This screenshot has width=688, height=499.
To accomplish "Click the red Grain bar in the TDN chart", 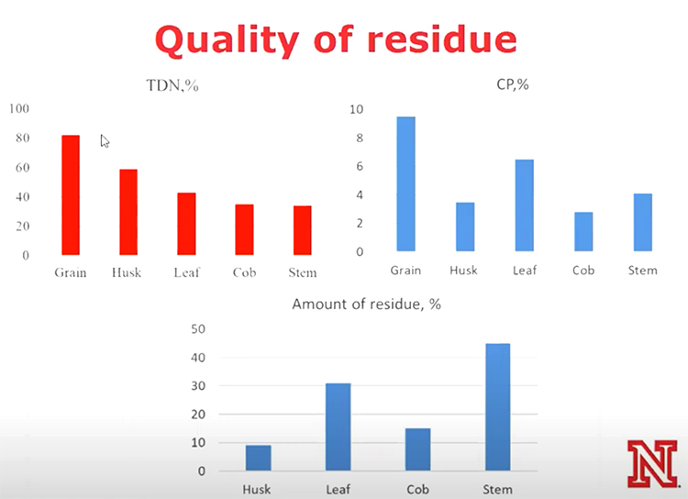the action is (71, 194).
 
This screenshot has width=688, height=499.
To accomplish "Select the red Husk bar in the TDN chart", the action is (128, 212).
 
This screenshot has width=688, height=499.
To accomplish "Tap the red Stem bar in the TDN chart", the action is (303, 230).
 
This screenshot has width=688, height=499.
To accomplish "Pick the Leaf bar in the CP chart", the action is (525, 205).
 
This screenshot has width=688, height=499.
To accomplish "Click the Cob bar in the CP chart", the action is (583, 232).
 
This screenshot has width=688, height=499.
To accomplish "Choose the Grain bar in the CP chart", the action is (405, 183).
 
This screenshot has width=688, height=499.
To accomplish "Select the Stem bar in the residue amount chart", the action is (498, 407).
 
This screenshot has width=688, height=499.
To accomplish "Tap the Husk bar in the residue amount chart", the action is (259, 459).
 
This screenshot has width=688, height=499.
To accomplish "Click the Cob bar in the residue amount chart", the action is (417, 449).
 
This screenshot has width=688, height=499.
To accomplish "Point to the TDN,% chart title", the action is (172, 85).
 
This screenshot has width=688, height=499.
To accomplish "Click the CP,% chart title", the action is (513, 84).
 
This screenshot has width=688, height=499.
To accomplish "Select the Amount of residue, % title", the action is (366, 305).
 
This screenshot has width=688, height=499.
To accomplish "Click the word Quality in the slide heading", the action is (227, 40).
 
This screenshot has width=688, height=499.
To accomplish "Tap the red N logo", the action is (652, 464).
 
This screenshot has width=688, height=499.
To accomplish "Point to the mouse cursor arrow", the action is (105, 141).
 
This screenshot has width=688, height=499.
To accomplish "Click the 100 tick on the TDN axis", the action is (19, 108).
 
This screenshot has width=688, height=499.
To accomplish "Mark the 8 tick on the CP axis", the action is (360, 138).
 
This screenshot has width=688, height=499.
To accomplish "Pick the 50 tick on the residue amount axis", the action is (198, 329).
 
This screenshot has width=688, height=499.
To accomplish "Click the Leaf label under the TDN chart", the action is (186, 272).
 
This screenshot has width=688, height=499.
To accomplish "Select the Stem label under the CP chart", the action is (643, 271).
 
